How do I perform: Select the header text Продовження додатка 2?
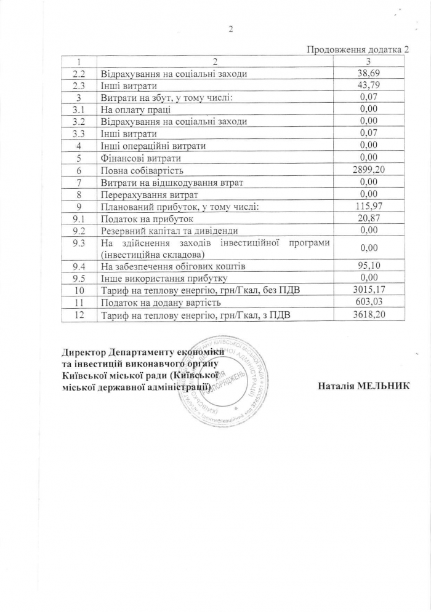[357, 50]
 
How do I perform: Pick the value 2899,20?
[368, 170]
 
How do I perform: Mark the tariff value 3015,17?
[368, 290]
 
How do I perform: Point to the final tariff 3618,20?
[368, 315]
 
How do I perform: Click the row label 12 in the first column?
[79, 315]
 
